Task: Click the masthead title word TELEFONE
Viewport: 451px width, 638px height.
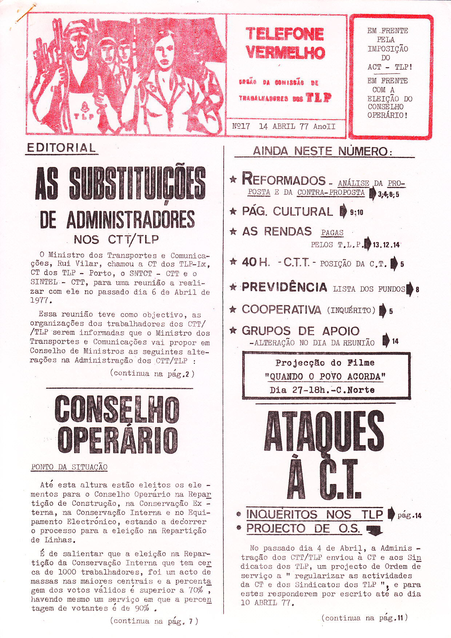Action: (284, 34)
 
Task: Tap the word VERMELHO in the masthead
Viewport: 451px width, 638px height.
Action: (285, 53)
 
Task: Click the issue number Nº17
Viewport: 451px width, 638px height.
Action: (241, 126)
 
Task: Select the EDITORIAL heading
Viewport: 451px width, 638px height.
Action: (61, 148)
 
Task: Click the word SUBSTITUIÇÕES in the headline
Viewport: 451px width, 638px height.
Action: (137, 184)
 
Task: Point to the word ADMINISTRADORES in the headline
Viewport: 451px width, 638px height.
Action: (131, 219)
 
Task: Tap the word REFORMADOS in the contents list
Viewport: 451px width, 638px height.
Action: (284, 180)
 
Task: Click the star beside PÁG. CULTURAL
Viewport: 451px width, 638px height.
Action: (233, 211)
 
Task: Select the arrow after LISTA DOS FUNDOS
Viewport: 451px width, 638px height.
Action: (410, 289)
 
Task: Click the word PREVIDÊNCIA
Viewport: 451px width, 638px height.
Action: (284, 287)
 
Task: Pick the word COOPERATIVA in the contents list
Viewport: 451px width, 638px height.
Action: (281, 309)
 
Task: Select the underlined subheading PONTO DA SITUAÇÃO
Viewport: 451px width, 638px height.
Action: (69, 467)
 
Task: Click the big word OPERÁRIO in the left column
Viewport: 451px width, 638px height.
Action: (117, 440)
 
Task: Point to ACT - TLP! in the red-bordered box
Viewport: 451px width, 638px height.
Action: (390, 67)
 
